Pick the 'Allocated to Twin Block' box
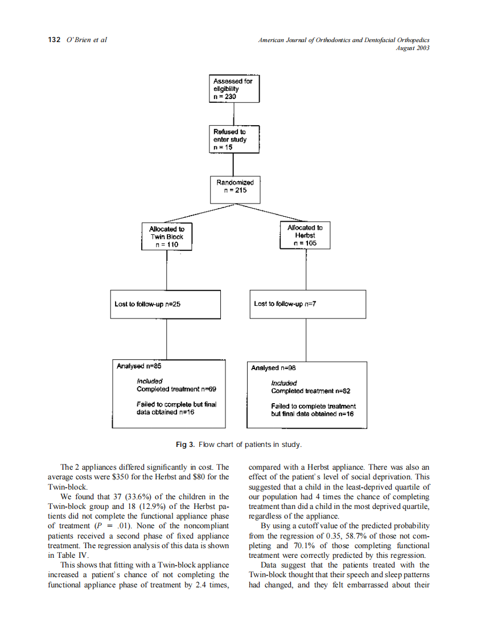[167, 237]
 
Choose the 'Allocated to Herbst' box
[305, 235]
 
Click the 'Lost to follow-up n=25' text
[148, 304]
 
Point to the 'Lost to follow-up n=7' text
[285, 304]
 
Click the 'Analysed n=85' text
[135, 366]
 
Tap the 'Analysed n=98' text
[270, 368]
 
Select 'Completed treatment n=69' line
[176, 390]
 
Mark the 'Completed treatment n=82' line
[311, 391]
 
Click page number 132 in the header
[54, 40]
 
